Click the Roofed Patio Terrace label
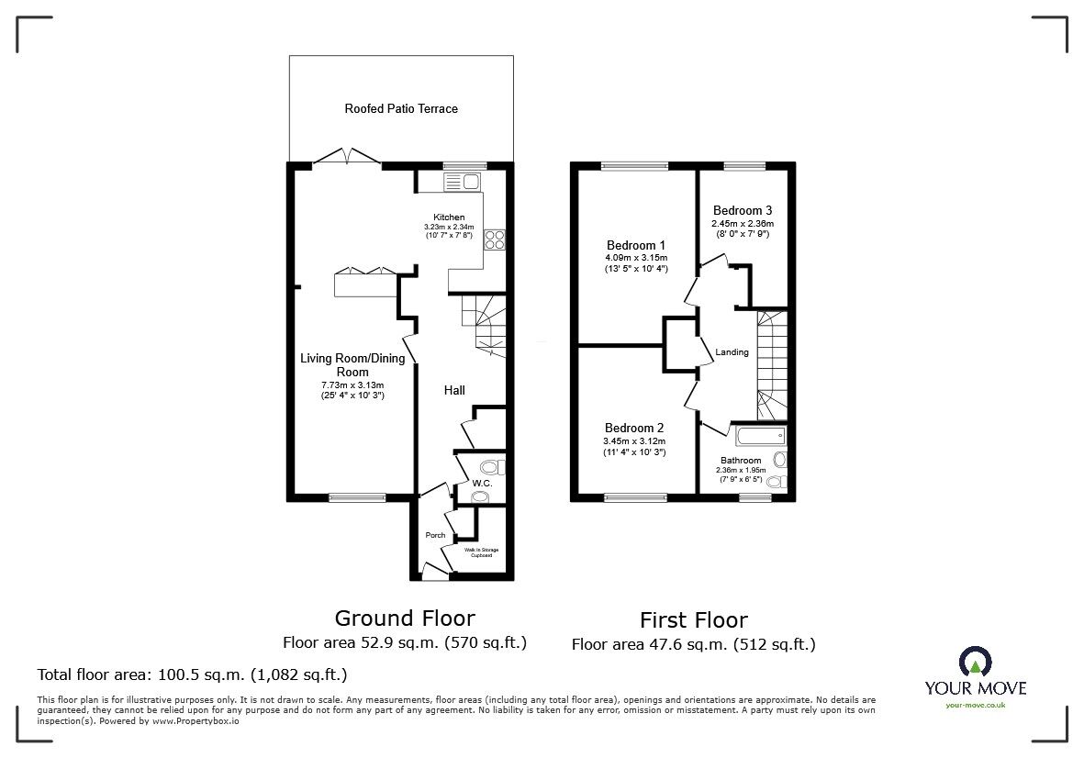tap(401, 108)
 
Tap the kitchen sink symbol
tap(463, 183)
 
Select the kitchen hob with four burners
tap(495, 240)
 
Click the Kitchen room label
tap(449, 217)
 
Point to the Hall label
tap(454, 390)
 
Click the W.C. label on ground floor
tap(482, 483)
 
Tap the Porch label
tap(436, 535)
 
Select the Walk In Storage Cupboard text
tap(481, 552)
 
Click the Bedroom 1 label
tap(636, 245)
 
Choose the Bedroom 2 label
tap(634, 428)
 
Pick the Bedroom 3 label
tap(743, 210)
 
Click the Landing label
tap(732, 352)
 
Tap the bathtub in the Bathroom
tap(761, 436)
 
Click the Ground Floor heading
tap(405, 618)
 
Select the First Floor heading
tap(693, 619)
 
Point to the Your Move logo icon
tap(976, 662)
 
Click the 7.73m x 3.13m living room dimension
tap(352, 385)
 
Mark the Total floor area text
tap(192, 675)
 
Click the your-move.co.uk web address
tap(976, 706)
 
